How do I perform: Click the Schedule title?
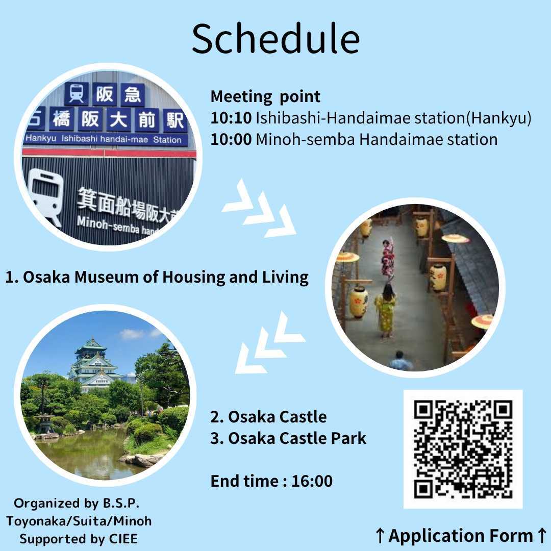pos(276,39)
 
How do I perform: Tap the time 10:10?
pos(231,118)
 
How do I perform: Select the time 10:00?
pos(231,139)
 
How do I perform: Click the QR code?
pos(463,449)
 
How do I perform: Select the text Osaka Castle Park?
pos(297,438)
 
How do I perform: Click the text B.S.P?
pos(121,503)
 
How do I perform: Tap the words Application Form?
pos(461,536)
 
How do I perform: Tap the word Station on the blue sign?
pos(167,140)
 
